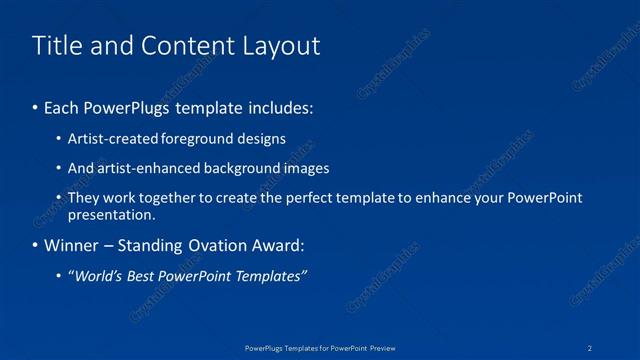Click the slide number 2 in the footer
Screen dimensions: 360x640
coord(591,347)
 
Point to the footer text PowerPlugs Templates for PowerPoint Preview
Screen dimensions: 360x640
coord(320,347)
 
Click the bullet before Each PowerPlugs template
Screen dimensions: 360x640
coord(36,106)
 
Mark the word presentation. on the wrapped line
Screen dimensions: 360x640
coord(111,215)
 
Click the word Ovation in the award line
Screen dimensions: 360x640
coord(211,245)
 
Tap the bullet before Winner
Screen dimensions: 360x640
coord(36,246)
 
